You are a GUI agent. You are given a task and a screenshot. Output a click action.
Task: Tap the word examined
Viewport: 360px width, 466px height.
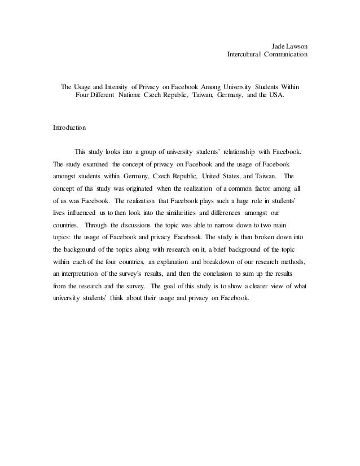coord(94,164)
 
